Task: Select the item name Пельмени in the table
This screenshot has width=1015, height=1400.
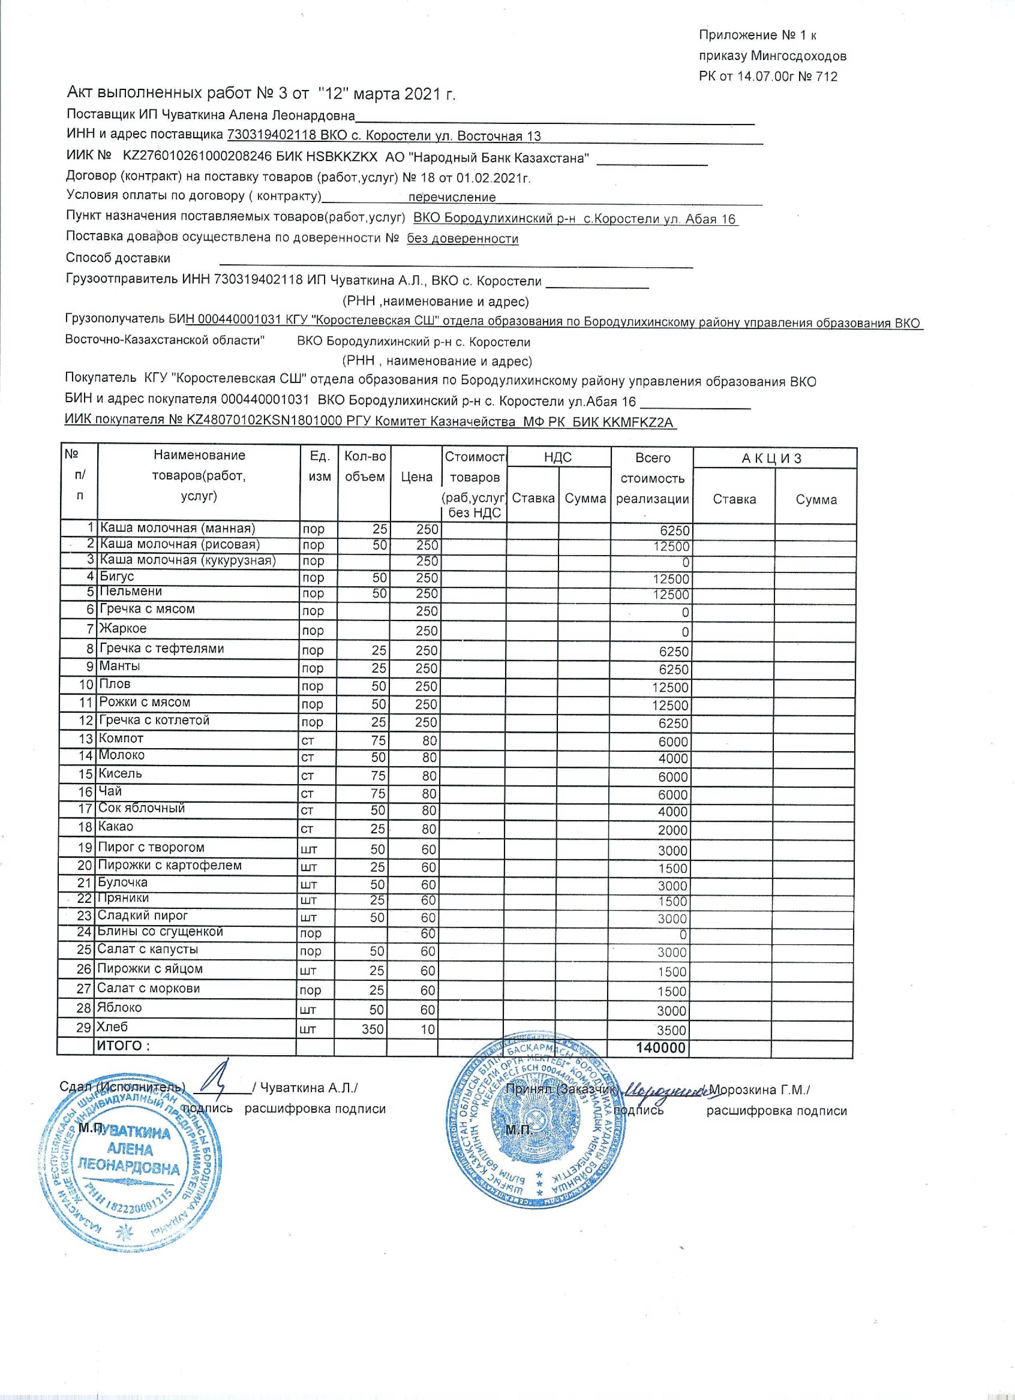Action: coord(131,591)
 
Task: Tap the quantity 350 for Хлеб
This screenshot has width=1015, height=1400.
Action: coord(373,1029)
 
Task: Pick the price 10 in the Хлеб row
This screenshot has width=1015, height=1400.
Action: coord(428,1029)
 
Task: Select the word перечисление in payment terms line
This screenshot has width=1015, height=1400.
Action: coord(452,198)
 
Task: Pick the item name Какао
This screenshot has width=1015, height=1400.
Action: coord(116,827)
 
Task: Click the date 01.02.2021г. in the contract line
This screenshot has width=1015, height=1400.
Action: coord(494,178)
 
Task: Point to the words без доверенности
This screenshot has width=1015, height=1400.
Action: coord(462,239)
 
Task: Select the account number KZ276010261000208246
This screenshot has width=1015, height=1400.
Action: coord(198,158)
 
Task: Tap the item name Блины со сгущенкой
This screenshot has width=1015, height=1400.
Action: coord(160,931)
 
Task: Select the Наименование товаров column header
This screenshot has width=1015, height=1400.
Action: coord(199,475)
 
